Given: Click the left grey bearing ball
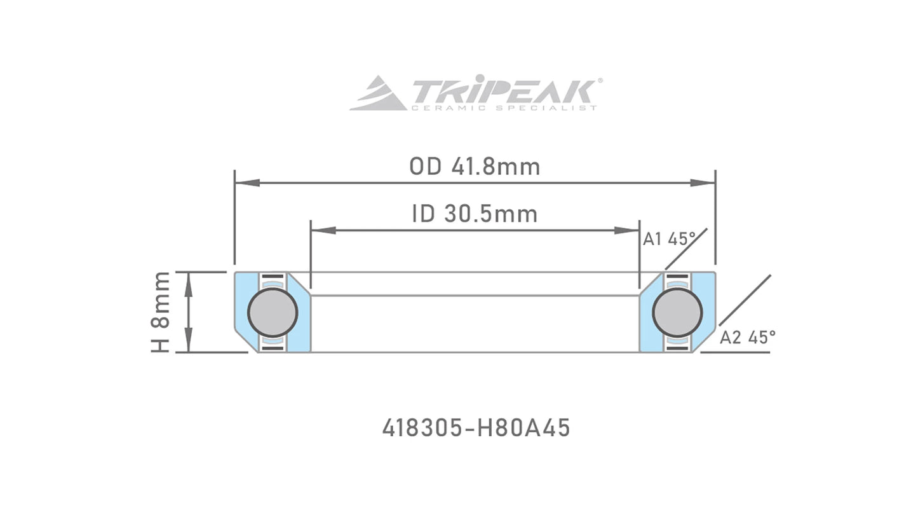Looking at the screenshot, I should (x=273, y=312).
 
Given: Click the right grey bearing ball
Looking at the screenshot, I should (x=677, y=312).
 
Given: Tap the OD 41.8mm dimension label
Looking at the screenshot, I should (x=475, y=167).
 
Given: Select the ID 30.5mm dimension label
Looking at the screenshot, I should (x=475, y=214).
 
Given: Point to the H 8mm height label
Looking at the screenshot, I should (x=161, y=312).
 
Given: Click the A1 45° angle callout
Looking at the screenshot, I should (x=669, y=239).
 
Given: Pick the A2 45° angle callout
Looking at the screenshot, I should (x=747, y=338).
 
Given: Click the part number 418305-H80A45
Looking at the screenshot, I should (x=476, y=428).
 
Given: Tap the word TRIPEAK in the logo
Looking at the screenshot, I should (x=504, y=92).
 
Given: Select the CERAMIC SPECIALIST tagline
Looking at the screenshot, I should (x=504, y=108).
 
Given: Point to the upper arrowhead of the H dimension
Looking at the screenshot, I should (x=188, y=283).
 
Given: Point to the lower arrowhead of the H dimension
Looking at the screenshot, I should (x=188, y=341).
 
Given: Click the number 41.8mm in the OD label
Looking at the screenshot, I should (x=496, y=167).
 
